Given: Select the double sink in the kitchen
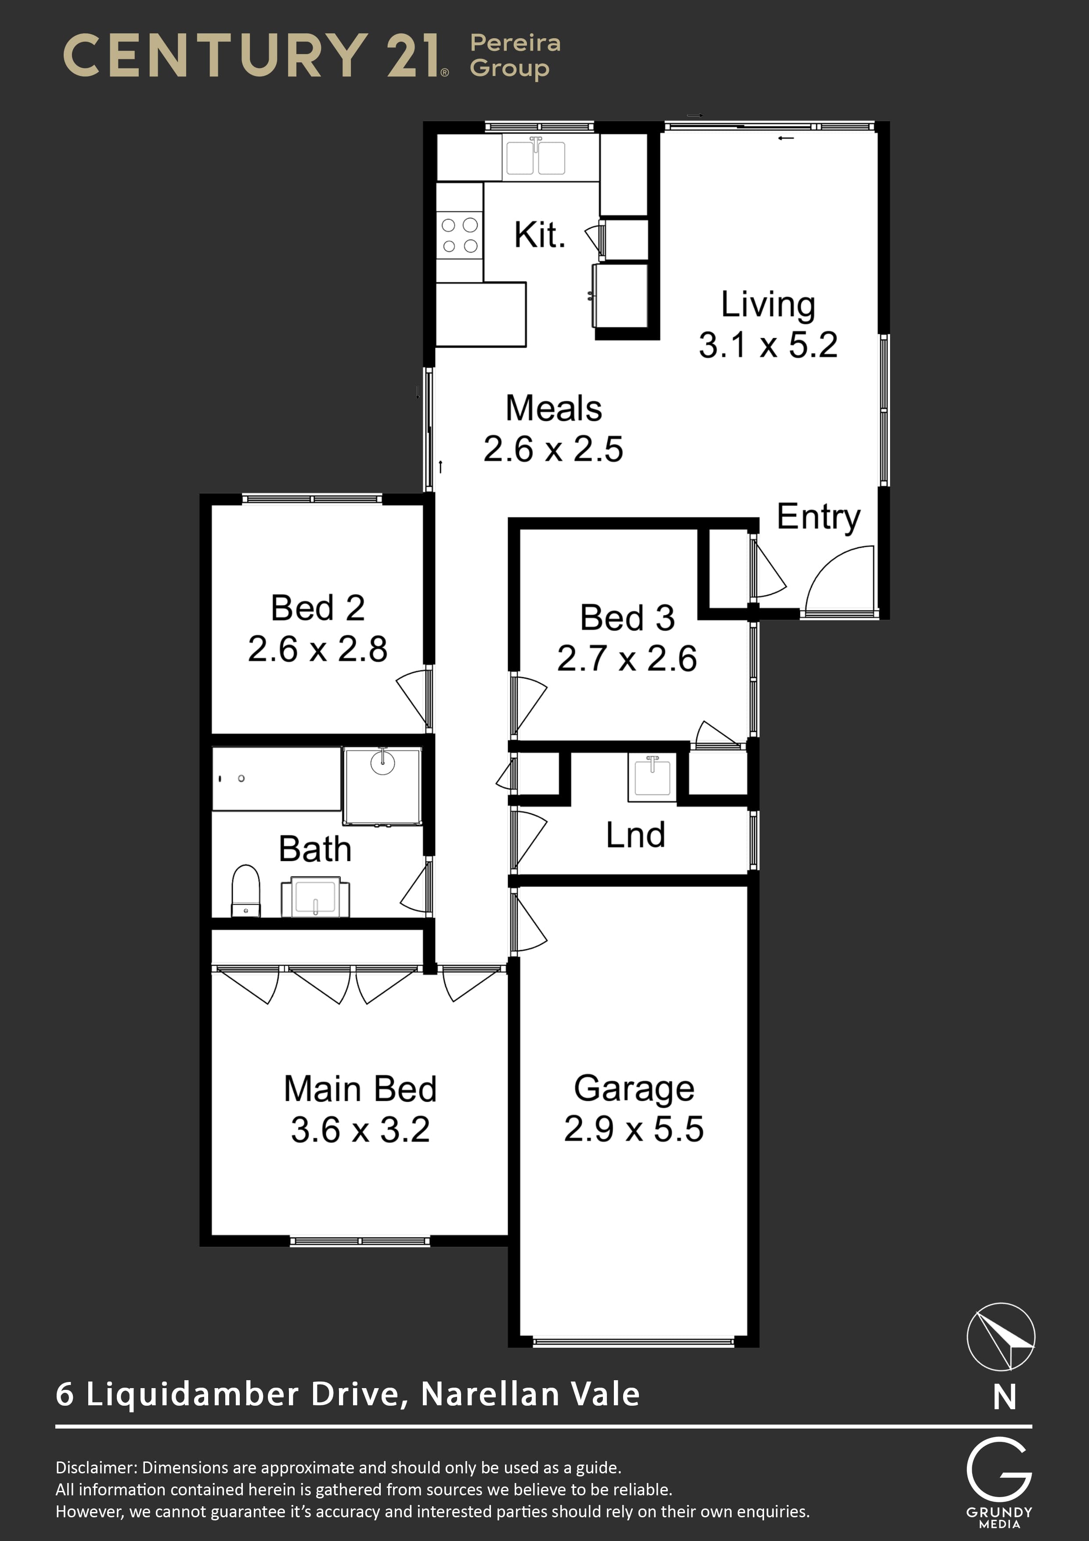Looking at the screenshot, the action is pyautogui.click(x=535, y=157).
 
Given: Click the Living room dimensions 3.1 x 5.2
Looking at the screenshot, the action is pyautogui.click(x=768, y=345).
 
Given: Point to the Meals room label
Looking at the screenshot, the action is pyautogui.click(x=554, y=408).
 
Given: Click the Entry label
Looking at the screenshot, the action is pyautogui.click(x=819, y=517).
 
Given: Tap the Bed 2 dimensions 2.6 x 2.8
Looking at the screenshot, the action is pyautogui.click(x=317, y=649).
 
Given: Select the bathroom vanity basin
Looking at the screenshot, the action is pyautogui.click(x=315, y=897).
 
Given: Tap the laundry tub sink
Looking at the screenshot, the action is pyautogui.click(x=652, y=777).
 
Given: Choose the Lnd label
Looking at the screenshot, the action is pyautogui.click(x=635, y=836).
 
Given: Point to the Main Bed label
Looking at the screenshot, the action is pyautogui.click(x=361, y=1089).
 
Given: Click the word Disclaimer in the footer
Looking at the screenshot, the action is pyautogui.click(x=96, y=1468).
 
